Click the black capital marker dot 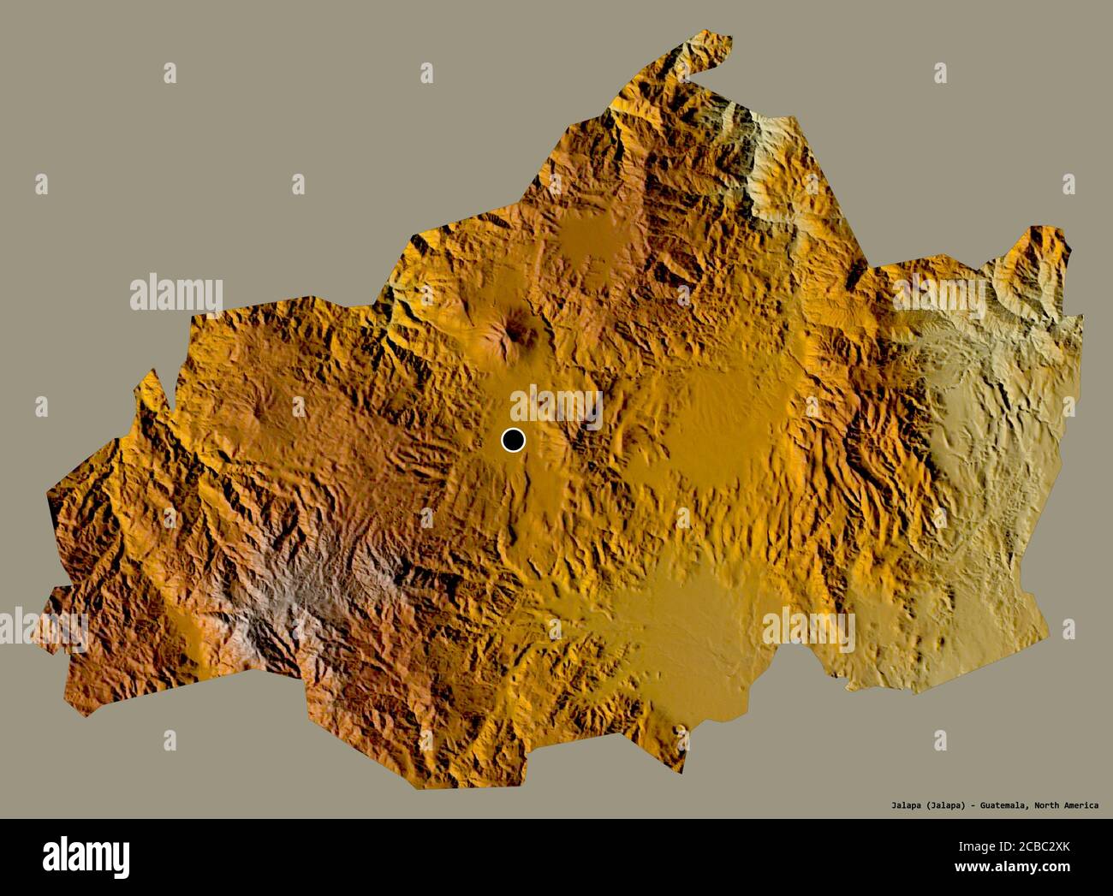tap(513, 440)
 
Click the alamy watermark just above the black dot tap(556, 404)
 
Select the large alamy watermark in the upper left tap(176, 294)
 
